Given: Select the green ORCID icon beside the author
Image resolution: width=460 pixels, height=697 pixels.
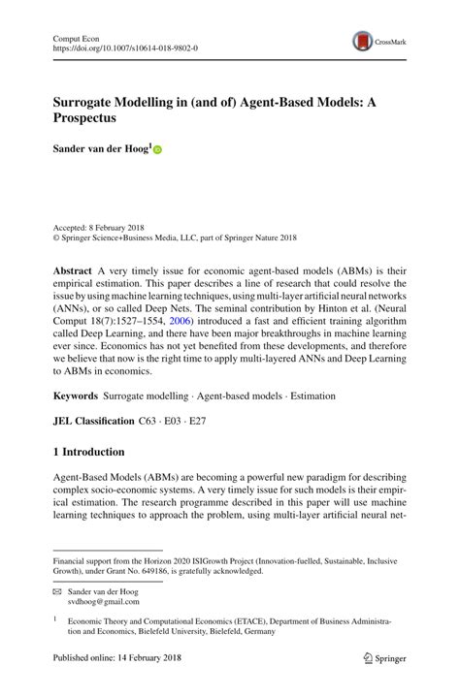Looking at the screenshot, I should click(x=157, y=151).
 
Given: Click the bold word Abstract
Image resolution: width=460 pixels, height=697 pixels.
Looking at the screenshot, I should click(x=74, y=265).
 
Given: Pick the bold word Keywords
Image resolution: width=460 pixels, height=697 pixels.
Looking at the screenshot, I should click(x=76, y=395).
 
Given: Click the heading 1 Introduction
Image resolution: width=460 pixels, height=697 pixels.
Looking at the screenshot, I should click(x=88, y=452).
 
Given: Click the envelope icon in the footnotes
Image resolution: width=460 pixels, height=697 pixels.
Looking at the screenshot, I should click(x=57, y=591).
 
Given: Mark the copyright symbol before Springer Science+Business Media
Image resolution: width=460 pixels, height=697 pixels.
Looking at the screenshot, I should click(x=56, y=237).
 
